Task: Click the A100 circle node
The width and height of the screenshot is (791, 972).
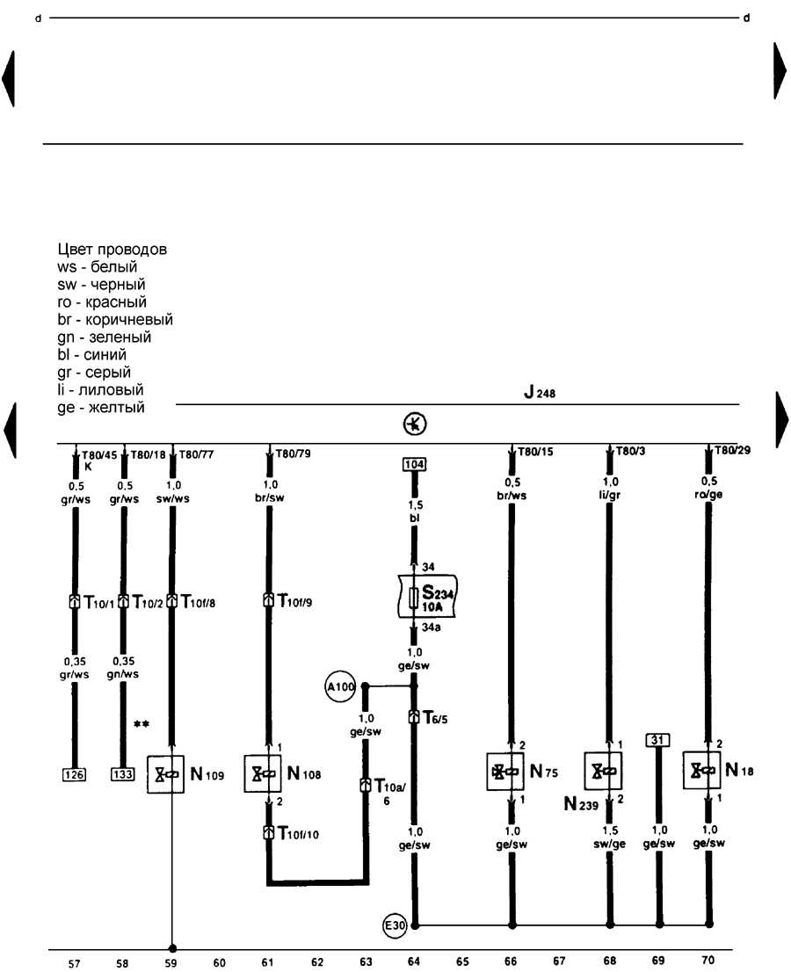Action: [340, 686]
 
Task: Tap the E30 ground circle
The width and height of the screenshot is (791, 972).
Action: [395, 925]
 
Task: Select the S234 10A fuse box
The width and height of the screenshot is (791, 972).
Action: [427, 597]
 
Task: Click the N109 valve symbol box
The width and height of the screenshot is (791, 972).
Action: [165, 774]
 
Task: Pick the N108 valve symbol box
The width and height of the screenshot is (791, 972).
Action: [263, 773]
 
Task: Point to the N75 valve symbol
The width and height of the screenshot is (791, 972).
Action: [505, 771]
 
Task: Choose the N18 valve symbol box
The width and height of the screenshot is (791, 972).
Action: [701, 770]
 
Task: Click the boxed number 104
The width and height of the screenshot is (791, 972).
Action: [414, 464]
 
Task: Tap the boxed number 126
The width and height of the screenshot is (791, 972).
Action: [75, 775]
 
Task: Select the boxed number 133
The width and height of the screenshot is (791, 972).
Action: [123, 774]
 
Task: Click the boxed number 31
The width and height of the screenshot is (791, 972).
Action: [657, 740]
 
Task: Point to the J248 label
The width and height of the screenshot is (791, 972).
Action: [540, 392]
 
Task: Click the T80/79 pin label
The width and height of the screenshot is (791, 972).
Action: [294, 453]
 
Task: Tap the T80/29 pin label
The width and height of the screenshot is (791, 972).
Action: [732, 450]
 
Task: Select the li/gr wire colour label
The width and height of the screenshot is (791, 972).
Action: [610, 496]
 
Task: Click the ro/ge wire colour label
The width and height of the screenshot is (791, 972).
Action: [708, 495]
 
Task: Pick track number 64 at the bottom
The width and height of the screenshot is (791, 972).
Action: [414, 961]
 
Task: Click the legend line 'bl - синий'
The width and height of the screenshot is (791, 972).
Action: [91, 354]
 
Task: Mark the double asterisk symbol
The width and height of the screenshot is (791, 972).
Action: [142, 724]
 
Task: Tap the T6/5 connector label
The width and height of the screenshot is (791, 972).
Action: [435, 718]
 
